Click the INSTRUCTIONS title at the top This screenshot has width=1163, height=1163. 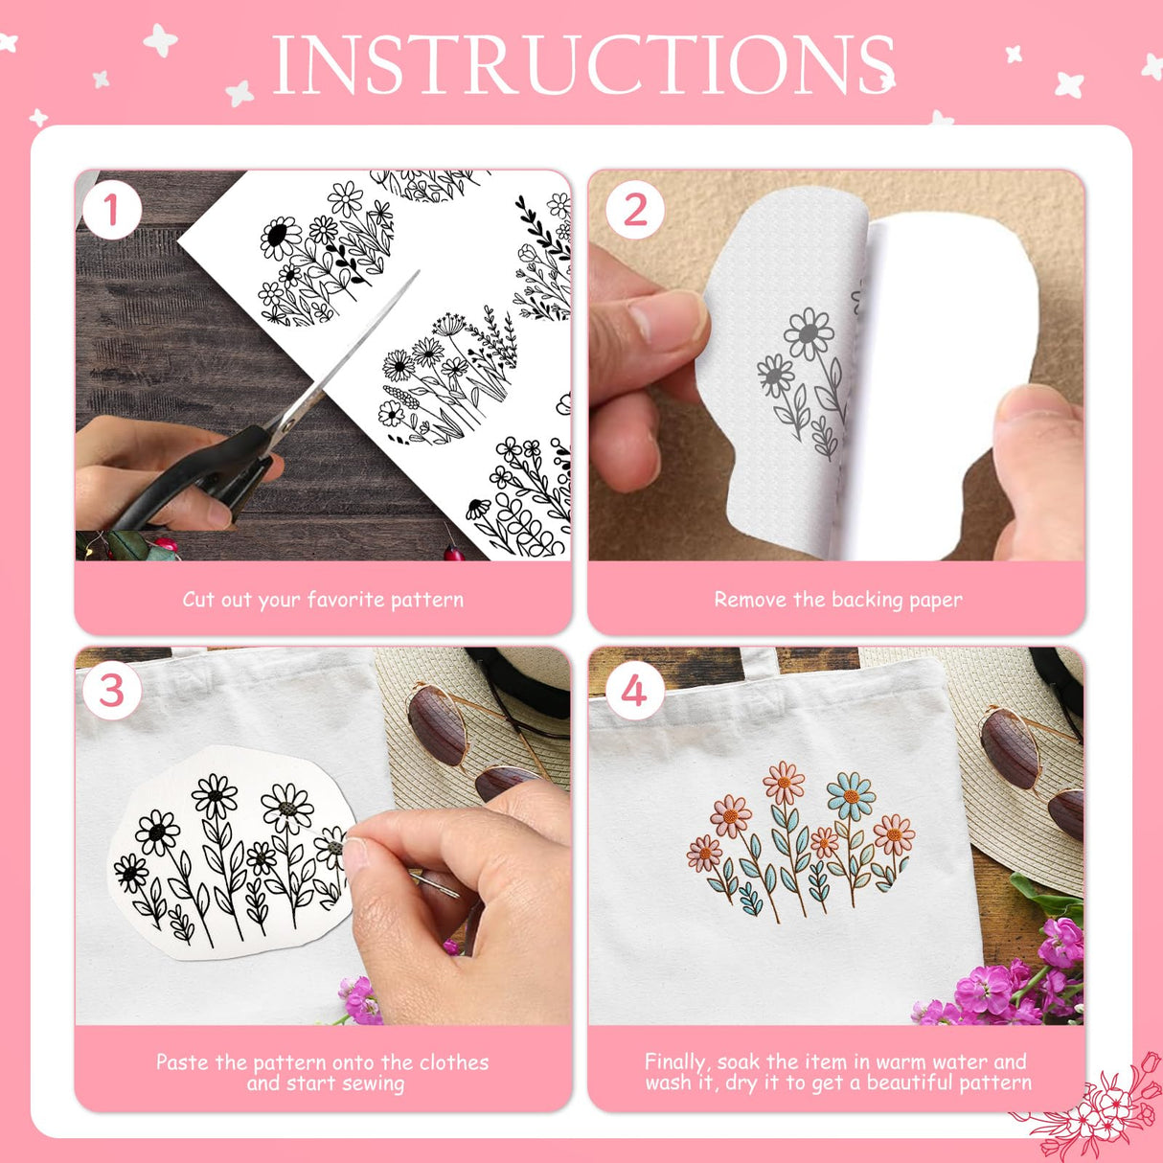(x=582, y=65)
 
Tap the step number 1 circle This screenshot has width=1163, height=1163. (x=111, y=211)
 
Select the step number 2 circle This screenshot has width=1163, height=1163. (x=635, y=211)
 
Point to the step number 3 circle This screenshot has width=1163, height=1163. (x=111, y=692)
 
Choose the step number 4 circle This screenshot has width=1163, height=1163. (x=634, y=692)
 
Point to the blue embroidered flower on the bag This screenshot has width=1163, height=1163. (x=850, y=795)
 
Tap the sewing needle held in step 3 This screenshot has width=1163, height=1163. (x=433, y=882)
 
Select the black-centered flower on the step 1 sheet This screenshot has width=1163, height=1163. (x=280, y=236)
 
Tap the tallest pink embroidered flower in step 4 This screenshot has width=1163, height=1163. (x=784, y=783)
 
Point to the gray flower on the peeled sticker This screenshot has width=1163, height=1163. (x=809, y=334)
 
